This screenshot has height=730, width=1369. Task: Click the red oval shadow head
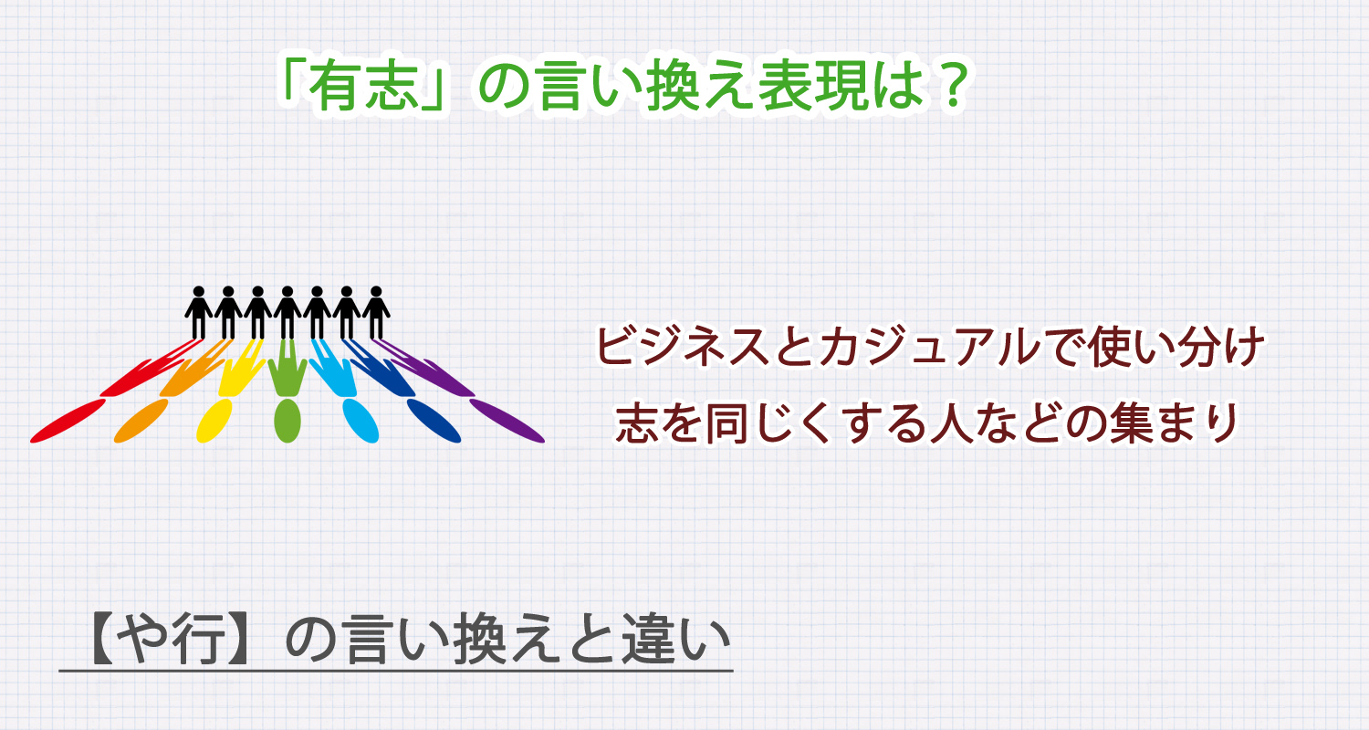pos(68,421)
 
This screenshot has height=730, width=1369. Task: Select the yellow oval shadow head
pos(215,420)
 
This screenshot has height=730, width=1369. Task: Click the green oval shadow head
pos(287,421)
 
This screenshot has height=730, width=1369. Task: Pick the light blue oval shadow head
pos(360,421)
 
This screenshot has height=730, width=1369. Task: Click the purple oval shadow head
pos(507,421)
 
